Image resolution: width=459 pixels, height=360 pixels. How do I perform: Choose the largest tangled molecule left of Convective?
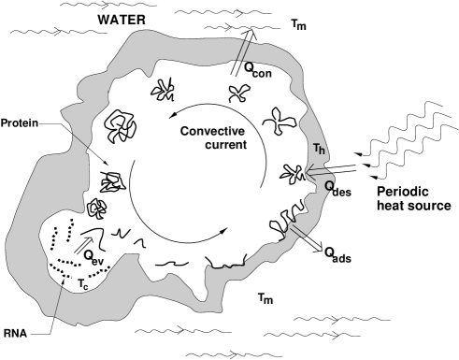[120, 127]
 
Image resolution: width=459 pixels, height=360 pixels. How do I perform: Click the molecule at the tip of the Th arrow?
[294, 173]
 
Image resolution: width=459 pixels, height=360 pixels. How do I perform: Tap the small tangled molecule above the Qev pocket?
[96, 206]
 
